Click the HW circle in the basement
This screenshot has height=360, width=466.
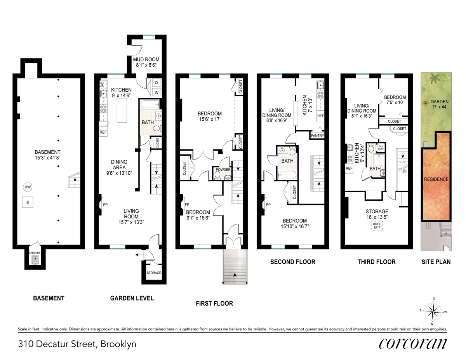point(28,187)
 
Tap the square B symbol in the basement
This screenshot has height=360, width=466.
point(28,202)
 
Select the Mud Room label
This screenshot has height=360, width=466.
point(146,63)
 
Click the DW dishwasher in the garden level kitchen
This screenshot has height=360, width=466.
point(101,83)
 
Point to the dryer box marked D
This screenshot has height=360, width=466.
point(156,83)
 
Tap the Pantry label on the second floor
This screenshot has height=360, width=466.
point(317,136)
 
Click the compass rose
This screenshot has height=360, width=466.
point(433,311)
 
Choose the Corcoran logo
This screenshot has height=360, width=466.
point(412,343)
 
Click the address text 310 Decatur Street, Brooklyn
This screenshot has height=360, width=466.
point(77,344)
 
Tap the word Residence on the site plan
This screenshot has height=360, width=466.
point(436,179)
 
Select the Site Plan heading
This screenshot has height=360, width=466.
point(436,262)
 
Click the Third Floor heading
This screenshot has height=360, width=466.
point(376,262)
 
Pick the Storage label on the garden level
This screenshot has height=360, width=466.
point(154,273)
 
